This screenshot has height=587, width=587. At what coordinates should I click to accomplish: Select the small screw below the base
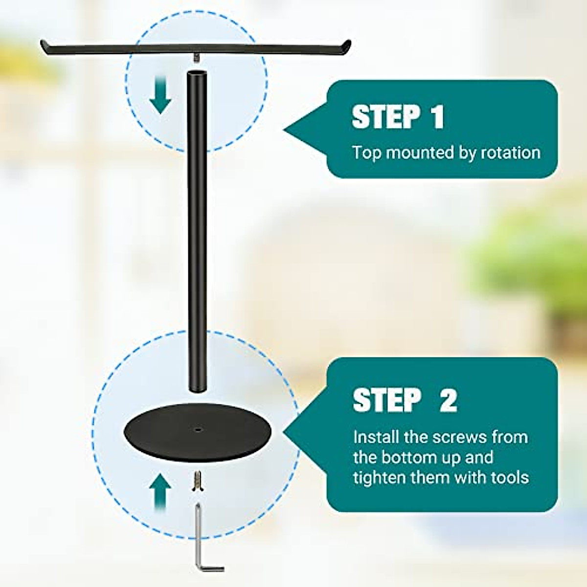198,481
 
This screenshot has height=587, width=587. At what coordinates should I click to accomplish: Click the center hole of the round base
198,430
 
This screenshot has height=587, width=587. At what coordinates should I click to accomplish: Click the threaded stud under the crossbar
197,58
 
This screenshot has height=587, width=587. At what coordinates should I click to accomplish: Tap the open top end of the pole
197,74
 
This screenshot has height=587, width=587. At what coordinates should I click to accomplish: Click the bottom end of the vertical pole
197,388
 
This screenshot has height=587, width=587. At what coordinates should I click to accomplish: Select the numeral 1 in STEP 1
436,117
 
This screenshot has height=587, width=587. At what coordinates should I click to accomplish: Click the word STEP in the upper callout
386,117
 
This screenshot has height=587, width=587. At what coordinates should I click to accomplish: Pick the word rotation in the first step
511,153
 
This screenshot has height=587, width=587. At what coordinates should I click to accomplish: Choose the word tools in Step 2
509,477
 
